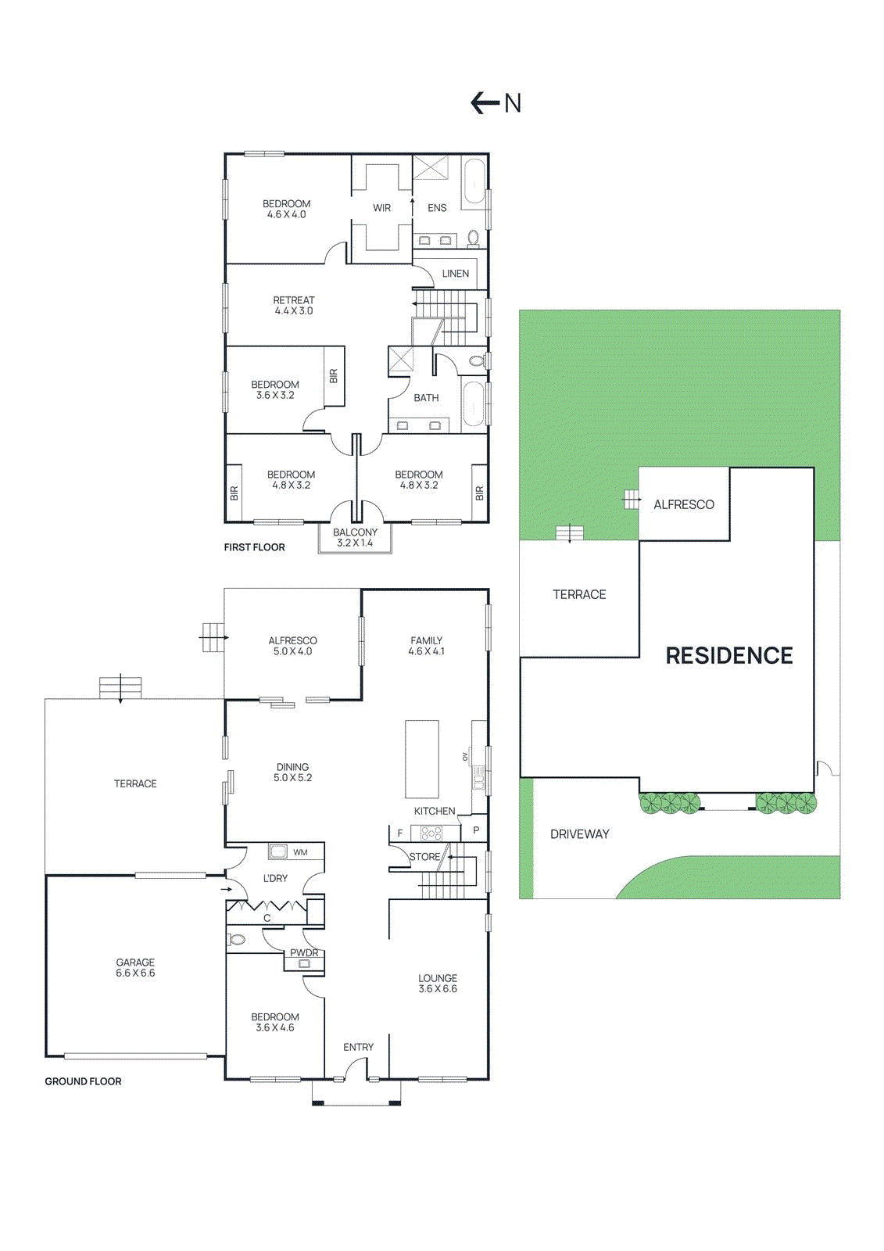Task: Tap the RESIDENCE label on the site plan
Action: click(x=728, y=655)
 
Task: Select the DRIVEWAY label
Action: click(x=579, y=834)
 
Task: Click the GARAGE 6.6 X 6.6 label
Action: click(x=135, y=968)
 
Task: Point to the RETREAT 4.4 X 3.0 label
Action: click(x=294, y=306)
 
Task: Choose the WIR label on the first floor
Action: click(x=381, y=208)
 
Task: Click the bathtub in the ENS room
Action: click(x=474, y=183)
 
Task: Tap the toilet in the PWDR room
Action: click(x=238, y=940)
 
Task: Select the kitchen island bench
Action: click(x=421, y=759)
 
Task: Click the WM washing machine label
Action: click(x=300, y=852)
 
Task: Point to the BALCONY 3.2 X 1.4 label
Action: click(x=355, y=537)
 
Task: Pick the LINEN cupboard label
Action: click(x=455, y=274)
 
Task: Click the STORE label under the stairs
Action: click(x=424, y=857)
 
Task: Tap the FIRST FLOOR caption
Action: click(x=254, y=547)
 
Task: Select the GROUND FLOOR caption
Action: click(x=83, y=1081)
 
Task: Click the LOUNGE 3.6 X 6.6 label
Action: click(x=438, y=984)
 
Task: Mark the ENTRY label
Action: click(x=358, y=1047)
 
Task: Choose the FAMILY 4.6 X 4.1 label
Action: click(x=426, y=646)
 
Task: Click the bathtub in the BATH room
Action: click(x=474, y=404)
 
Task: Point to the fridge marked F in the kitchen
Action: click(x=399, y=833)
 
